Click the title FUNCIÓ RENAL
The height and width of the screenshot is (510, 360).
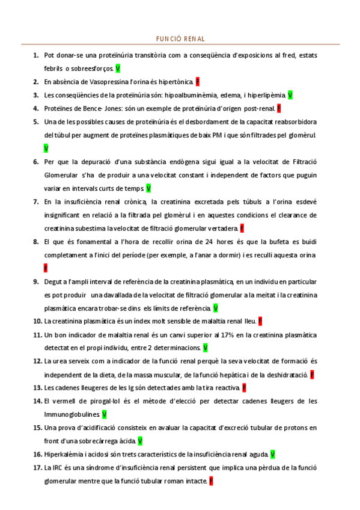click(x=180, y=38)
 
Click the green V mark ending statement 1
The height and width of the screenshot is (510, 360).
click(x=118, y=69)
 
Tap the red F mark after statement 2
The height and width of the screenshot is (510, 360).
click(x=198, y=81)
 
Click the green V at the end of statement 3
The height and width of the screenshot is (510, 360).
click(x=290, y=95)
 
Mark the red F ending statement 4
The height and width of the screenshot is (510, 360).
click(x=279, y=109)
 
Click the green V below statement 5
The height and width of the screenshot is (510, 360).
click(x=46, y=147)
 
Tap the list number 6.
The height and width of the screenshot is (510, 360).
click(x=36, y=161)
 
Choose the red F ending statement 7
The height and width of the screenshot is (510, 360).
click(x=242, y=229)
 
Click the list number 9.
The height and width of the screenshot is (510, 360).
click(x=36, y=281)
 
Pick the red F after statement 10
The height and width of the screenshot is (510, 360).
click(x=260, y=321)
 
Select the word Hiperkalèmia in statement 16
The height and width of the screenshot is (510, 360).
click(x=65, y=455)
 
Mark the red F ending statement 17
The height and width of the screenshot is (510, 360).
click(x=211, y=482)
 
